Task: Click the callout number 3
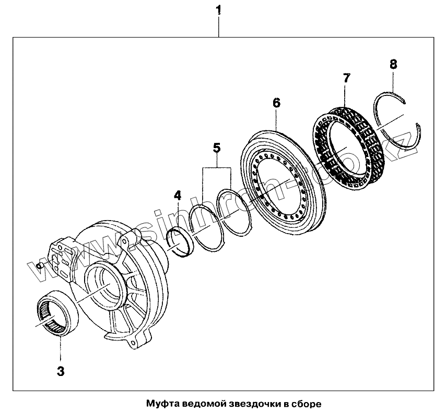point(61,371)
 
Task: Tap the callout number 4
point(178,196)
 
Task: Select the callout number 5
point(216,148)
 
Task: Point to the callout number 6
point(276,103)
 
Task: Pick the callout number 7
point(346,79)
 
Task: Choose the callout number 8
point(393,64)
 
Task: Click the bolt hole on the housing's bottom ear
point(135,342)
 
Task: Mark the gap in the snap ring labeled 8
point(412,112)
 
